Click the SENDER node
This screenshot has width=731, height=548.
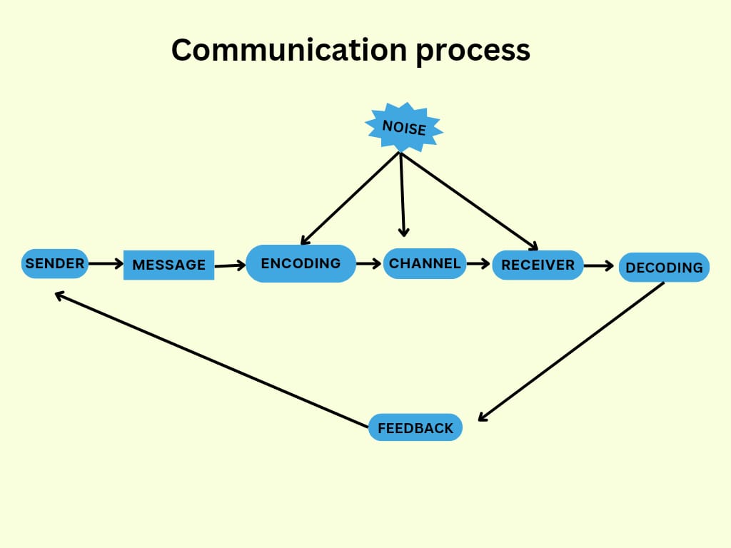tap(55, 264)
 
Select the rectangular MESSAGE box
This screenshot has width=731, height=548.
tap(168, 265)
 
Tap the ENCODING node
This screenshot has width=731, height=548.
tap(301, 263)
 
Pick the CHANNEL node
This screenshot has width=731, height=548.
tap(425, 263)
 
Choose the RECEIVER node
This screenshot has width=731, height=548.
tap(538, 265)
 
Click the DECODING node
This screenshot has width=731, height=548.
tap(664, 268)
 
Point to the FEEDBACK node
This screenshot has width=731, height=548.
tap(415, 428)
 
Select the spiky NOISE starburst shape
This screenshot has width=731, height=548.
tap(404, 128)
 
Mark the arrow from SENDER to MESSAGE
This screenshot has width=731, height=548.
tap(106, 264)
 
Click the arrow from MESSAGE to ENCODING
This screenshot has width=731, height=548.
tap(230, 266)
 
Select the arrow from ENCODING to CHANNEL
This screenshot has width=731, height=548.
tap(369, 264)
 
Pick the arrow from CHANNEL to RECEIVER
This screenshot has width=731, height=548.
tap(479, 264)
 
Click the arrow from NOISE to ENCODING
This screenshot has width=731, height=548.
tap(350, 198)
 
